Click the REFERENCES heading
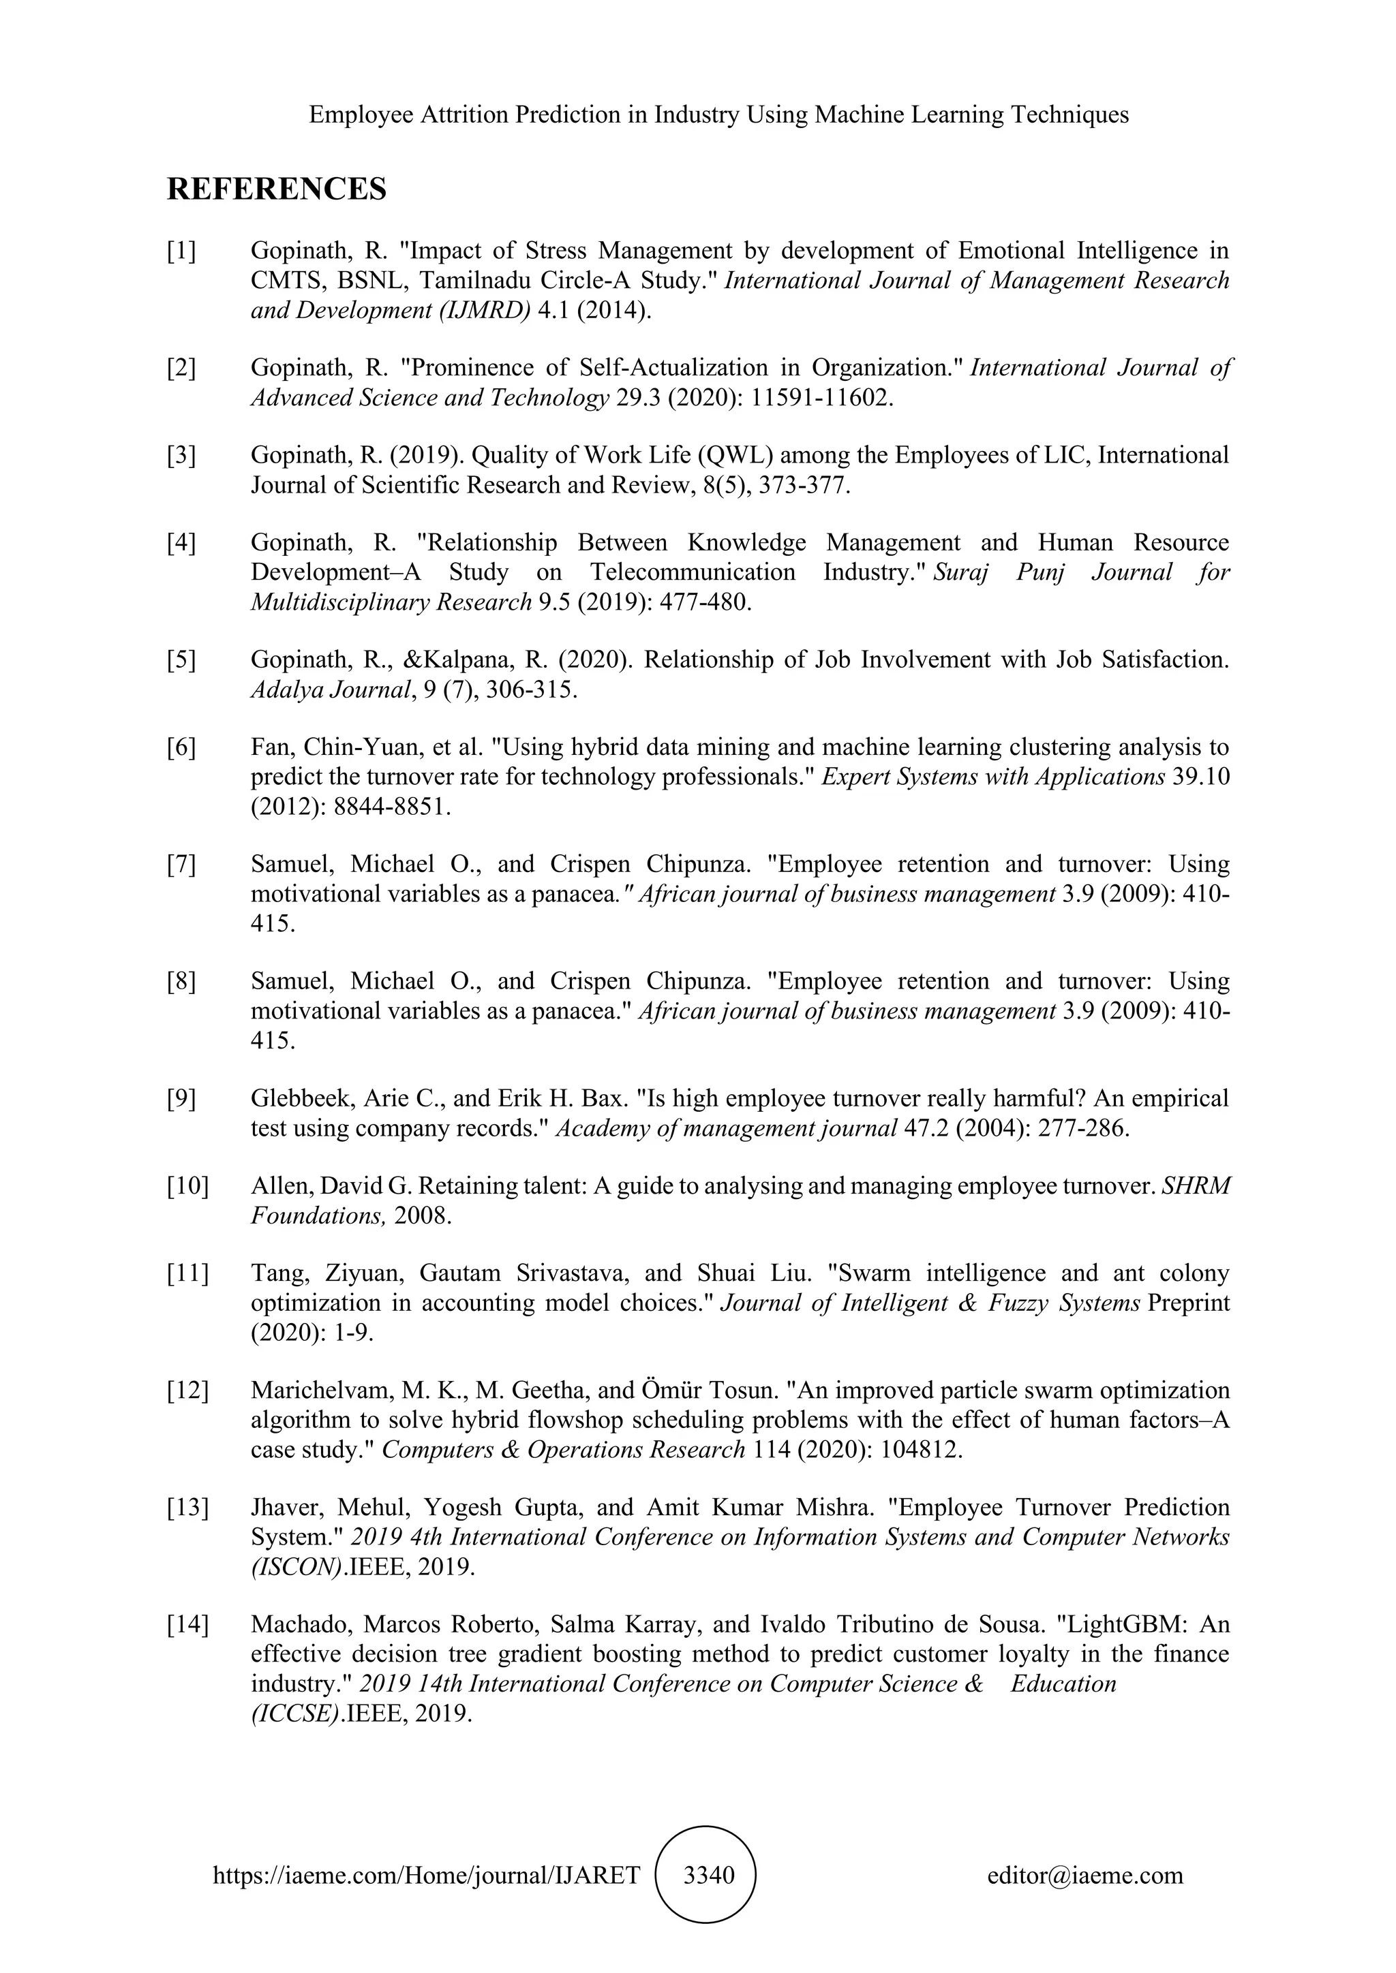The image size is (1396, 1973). coord(276,189)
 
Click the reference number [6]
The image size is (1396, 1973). coord(181,747)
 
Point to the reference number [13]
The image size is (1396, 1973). coord(187,1507)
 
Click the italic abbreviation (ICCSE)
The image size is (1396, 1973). coord(296,1713)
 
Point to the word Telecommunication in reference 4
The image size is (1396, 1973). coord(695,572)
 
